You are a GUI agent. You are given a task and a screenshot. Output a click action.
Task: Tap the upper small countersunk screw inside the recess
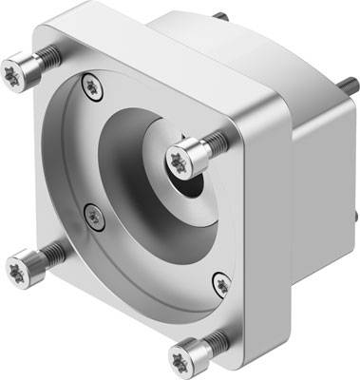pyautogui.click(x=92, y=85)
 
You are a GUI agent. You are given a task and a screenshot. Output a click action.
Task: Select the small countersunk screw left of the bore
pyautogui.click(x=93, y=216)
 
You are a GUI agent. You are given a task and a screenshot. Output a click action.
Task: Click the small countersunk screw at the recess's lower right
pyautogui.click(x=221, y=282)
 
